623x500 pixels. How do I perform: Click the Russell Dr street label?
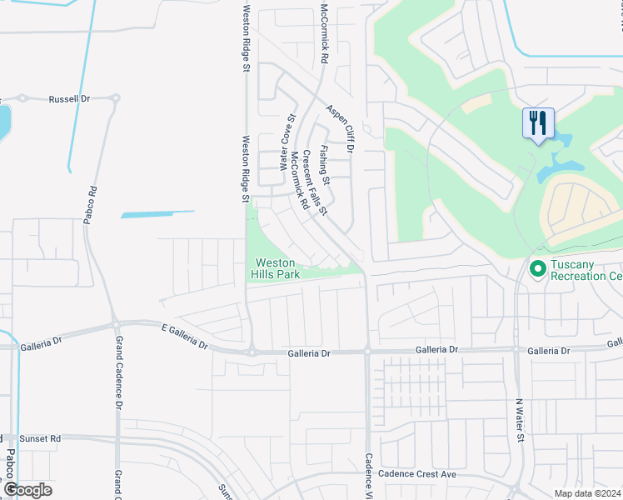click(69, 98)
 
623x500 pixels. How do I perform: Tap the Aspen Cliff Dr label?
click(341, 129)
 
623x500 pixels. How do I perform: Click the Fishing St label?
click(326, 164)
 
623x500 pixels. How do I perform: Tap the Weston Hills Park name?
click(276, 268)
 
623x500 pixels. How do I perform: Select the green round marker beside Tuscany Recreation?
click(537, 269)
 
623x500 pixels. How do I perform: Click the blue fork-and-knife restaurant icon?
click(538, 124)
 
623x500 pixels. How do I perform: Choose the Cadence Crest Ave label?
click(417, 474)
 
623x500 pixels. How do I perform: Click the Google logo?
click(27, 489)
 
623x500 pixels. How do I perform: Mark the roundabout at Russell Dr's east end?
click(115, 97)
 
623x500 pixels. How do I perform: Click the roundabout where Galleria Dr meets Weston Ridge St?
click(251, 352)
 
